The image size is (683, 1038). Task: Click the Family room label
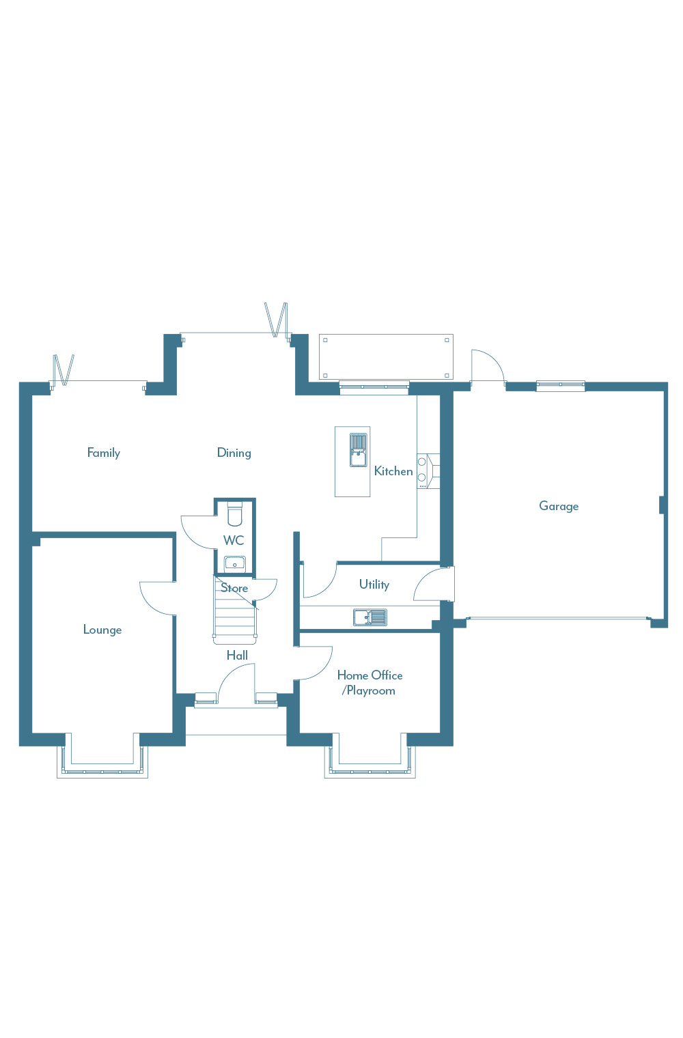(x=104, y=453)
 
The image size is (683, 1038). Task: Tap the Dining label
(x=234, y=453)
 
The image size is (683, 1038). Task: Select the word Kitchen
(x=393, y=471)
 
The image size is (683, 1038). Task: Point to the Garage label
(x=559, y=506)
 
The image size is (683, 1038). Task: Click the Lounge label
(x=102, y=630)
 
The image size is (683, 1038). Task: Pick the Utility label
(x=374, y=585)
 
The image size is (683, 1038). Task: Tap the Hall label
(x=237, y=656)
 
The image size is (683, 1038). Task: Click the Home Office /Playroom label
(x=370, y=683)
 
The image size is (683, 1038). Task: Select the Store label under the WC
(x=234, y=588)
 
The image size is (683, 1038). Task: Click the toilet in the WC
(x=235, y=514)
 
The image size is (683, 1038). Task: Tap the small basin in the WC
(x=235, y=564)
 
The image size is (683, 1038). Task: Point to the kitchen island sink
(x=358, y=450)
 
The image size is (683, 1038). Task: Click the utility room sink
(x=370, y=617)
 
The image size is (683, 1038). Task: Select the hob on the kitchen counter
(x=422, y=470)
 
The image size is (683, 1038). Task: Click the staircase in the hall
(x=234, y=610)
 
